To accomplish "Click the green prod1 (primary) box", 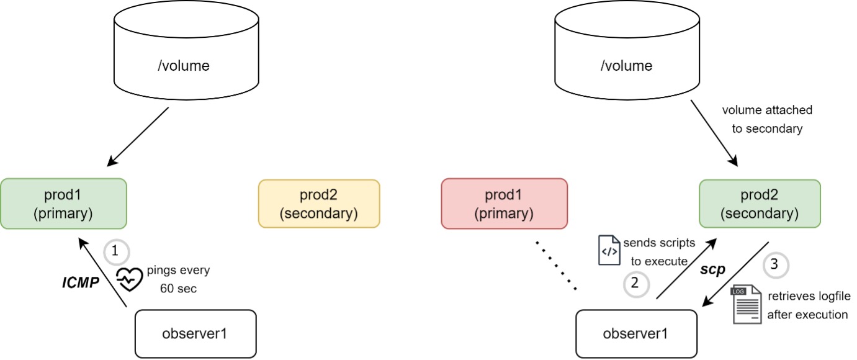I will (63, 204).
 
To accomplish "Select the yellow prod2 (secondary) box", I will (318, 204).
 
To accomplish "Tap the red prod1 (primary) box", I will (504, 204).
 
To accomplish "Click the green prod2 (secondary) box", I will (760, 204).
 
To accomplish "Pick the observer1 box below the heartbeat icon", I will (195, 333).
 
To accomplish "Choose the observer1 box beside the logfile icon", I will (635, 333).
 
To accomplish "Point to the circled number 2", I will (635, 284).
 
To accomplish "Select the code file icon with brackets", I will (609, 250).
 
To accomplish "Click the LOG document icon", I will (747, 305).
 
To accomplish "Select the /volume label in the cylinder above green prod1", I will (184, 65).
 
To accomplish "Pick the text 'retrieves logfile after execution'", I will (807, 305).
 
